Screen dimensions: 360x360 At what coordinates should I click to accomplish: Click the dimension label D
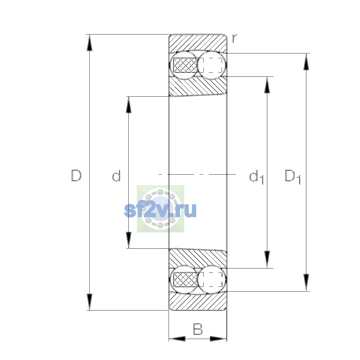(76, 175)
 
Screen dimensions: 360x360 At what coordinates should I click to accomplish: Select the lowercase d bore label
(116, 175)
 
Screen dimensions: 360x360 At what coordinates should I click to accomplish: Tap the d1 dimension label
(256, 176)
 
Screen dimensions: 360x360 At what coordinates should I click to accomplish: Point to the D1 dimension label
(292, 176)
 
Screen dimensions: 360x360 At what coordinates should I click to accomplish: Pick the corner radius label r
(235, 38)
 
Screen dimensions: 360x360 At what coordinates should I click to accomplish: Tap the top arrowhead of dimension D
(89, 43)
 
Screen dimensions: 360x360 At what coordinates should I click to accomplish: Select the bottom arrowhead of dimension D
(89, 302)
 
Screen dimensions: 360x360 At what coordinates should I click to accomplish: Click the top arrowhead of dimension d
(128, 105)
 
